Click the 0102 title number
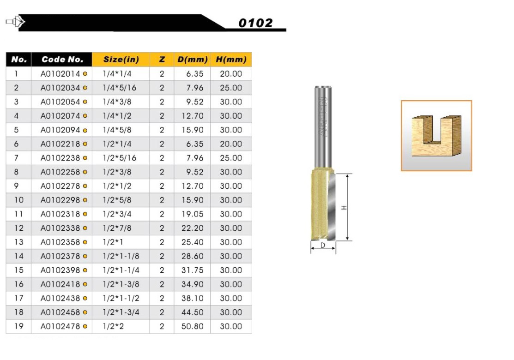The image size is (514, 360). tap(255, 23)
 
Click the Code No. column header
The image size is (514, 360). tap(62, 59)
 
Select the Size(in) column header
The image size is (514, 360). tap(121, 59)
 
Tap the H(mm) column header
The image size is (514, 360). tap(231, 59)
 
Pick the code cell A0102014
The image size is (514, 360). tap(60, 74)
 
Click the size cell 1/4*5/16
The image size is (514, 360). tap(119, 88)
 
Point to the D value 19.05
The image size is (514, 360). tap(193, 214)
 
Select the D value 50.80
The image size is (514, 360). tap(193, 326)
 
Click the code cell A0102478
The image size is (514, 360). tap(60, 326)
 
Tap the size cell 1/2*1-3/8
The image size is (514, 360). tap(121, 284)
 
